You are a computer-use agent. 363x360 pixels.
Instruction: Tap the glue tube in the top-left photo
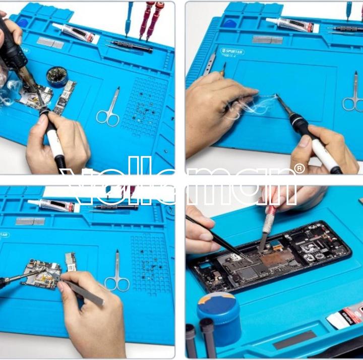76,33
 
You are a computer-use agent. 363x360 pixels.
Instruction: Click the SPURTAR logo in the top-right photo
232,51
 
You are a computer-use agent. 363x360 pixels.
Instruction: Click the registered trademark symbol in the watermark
299,168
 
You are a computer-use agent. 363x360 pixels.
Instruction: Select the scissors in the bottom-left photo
117,274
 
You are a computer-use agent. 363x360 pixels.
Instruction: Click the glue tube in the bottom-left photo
53,205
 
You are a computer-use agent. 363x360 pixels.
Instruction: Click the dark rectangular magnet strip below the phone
295,339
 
